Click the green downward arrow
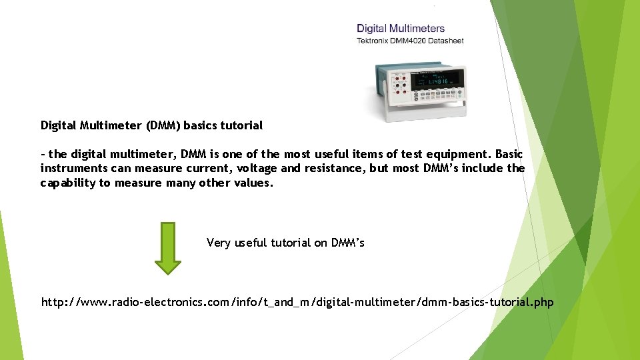168,248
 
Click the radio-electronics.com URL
297,303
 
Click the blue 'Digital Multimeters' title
401,29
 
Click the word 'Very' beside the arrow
218,243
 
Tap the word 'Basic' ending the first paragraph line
509,154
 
